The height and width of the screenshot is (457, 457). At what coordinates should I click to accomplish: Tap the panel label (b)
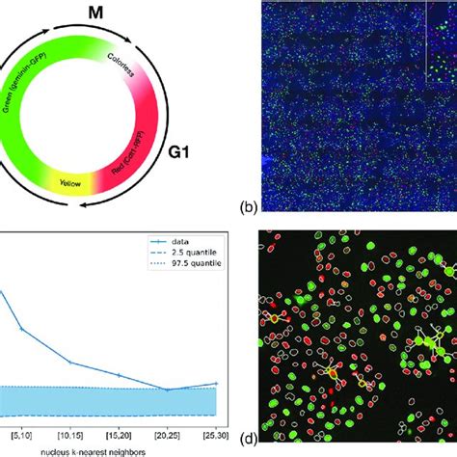(x=248, y=204)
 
